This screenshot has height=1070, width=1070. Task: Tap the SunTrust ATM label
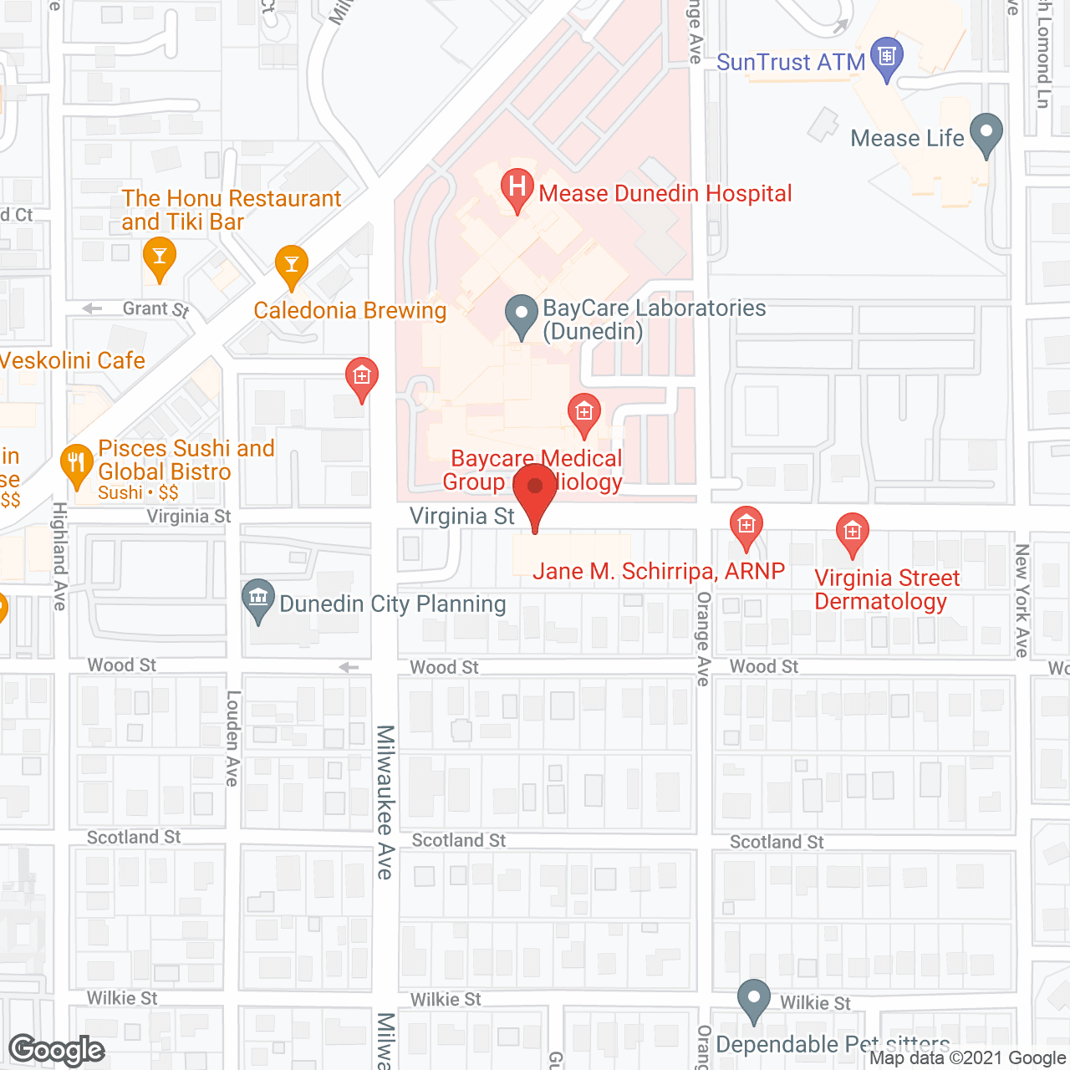790,63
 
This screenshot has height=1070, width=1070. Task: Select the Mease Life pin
987,134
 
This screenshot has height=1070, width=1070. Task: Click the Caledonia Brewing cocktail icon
292,264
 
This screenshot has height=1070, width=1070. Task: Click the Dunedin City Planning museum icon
258,599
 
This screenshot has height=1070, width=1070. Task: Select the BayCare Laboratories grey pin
522,316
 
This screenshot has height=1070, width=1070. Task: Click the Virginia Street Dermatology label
887,589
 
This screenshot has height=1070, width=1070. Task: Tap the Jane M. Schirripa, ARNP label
659,571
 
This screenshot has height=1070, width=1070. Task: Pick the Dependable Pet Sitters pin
754,998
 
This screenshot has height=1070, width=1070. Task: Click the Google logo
57,1049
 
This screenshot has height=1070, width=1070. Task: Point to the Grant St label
155,309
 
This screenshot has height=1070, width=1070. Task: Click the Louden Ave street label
233,737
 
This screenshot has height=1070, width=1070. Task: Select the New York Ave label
1022,599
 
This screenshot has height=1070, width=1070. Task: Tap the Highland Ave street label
59,556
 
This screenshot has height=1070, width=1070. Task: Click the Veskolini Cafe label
72,360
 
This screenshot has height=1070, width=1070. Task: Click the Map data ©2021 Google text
969,1058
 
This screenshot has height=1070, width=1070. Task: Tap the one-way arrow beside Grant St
92,308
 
